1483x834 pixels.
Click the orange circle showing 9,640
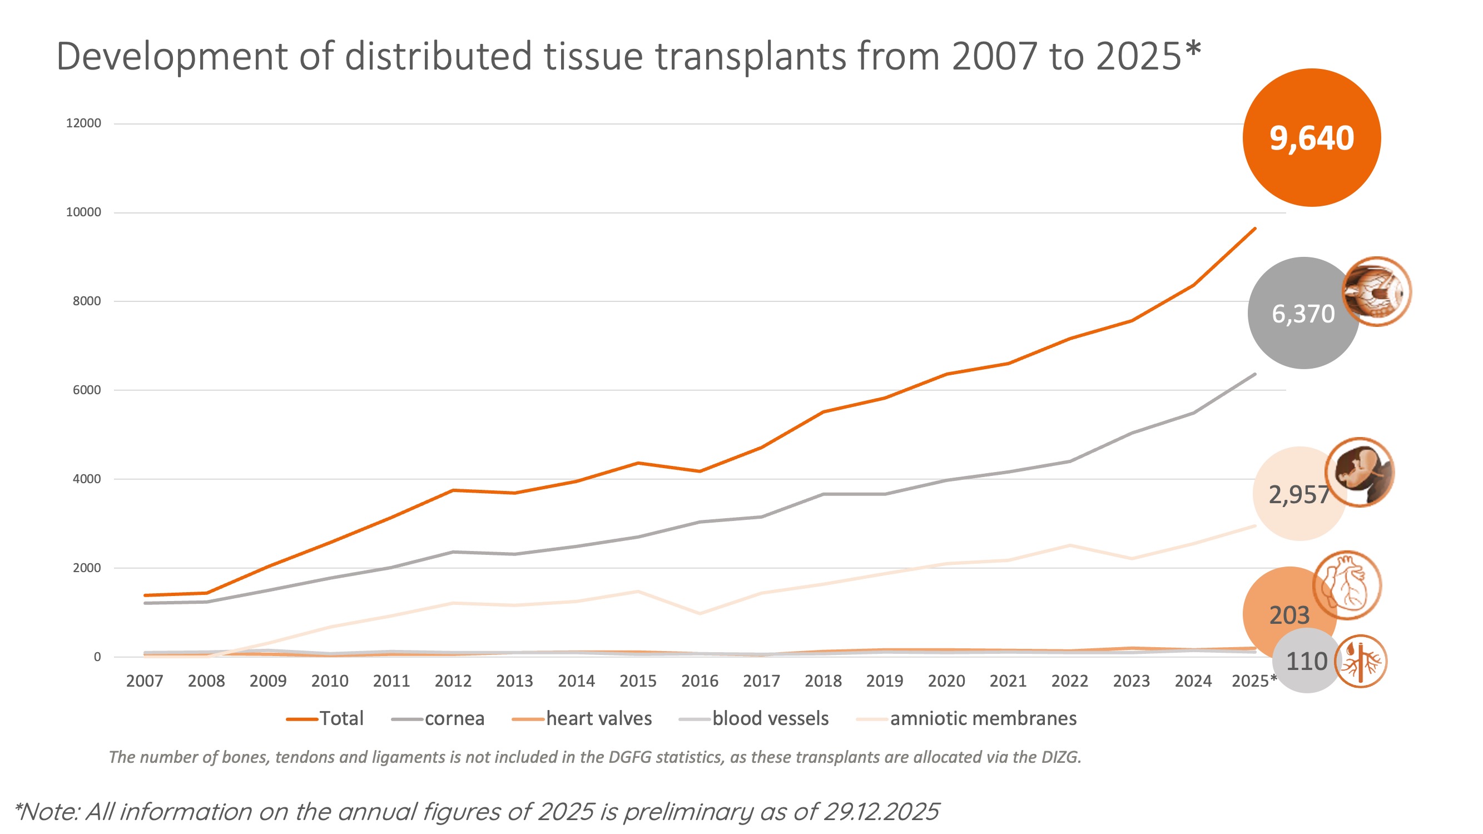pos(1311,137)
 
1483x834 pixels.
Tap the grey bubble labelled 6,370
pos(1303,314)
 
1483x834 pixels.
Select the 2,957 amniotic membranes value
pos(1298,494)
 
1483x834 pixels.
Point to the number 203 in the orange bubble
pos(1289,615)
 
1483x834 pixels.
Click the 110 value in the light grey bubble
pos(1306,661)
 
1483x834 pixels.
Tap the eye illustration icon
pos(1376,292)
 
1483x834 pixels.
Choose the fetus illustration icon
pos(1359,472)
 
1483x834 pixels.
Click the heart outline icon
pos(1347,585)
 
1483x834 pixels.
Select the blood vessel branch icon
pos(1360,661)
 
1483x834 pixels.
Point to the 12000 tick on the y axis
pos(83,123)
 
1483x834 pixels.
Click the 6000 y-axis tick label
pos(86,390)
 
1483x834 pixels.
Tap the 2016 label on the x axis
pos(700,681)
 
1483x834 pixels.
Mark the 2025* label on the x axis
pos(1254,681)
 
